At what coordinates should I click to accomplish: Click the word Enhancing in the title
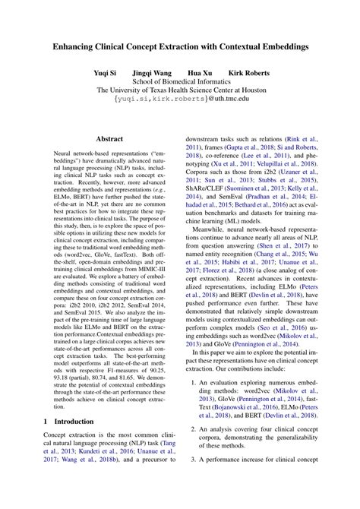pyautogui.click(x=75, y=46)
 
